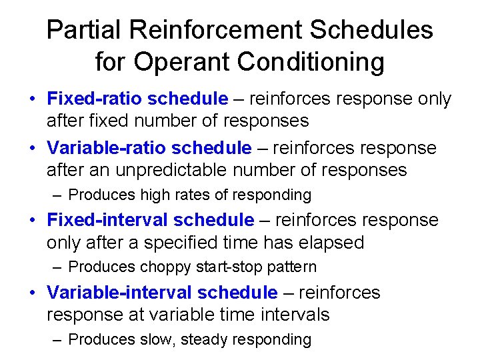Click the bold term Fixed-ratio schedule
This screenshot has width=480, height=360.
click(137, 99)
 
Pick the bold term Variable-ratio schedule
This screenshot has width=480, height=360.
click(149, 148)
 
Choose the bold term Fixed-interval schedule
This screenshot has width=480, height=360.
click(150, 220)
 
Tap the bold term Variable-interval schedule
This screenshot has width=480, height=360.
click(162, 293)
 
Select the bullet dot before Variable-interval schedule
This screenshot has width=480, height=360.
click(32, 293)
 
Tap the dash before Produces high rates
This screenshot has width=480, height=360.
click(57, 195)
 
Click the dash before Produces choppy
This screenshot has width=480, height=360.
click(57, 267)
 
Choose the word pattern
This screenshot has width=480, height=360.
click(294, 267)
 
